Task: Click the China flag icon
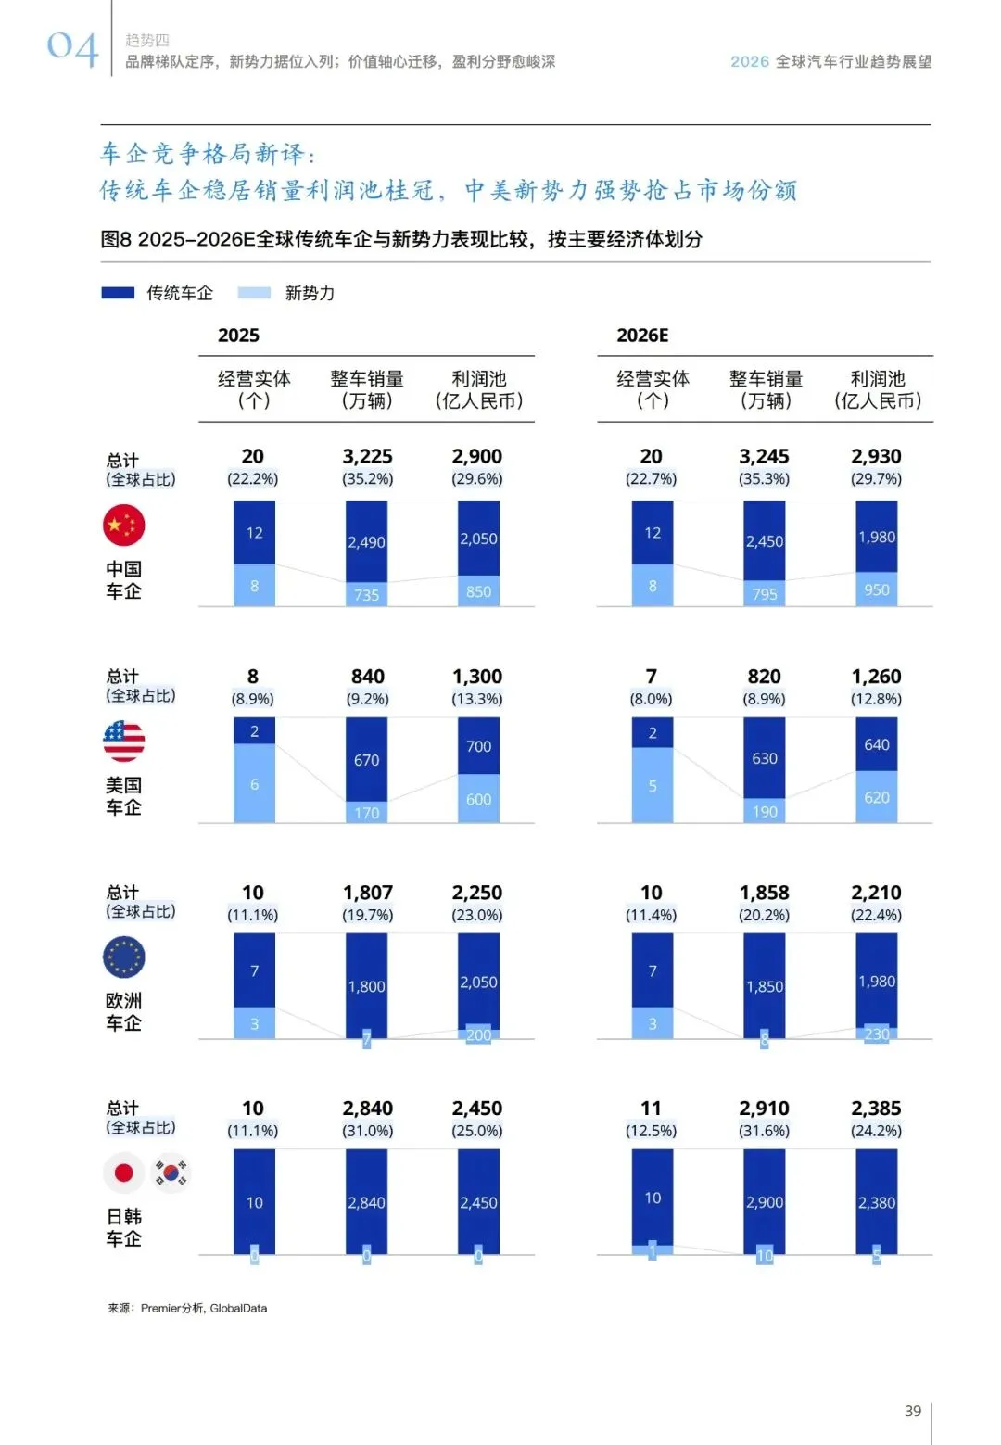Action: (123, 526)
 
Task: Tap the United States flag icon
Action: (123, 741)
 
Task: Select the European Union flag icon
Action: (123, 957)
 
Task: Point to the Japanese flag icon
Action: (123, 1172)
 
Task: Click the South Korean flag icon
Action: (171, 1172)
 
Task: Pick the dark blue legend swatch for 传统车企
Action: (118, 293)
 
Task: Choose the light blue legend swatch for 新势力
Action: (254, 293)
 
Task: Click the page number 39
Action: (912, 1411)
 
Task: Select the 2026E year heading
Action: (642, 336)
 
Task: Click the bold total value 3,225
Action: (367, 456)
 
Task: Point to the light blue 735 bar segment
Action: (366, 594)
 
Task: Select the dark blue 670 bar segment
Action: (366, 759)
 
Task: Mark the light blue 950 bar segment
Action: (876, 589)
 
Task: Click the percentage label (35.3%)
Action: (764, 479)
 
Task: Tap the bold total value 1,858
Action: (764, 893)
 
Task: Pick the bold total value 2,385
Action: (876, 1108)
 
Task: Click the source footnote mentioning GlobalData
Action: (187, 1308)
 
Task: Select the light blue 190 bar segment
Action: (764, 811)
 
